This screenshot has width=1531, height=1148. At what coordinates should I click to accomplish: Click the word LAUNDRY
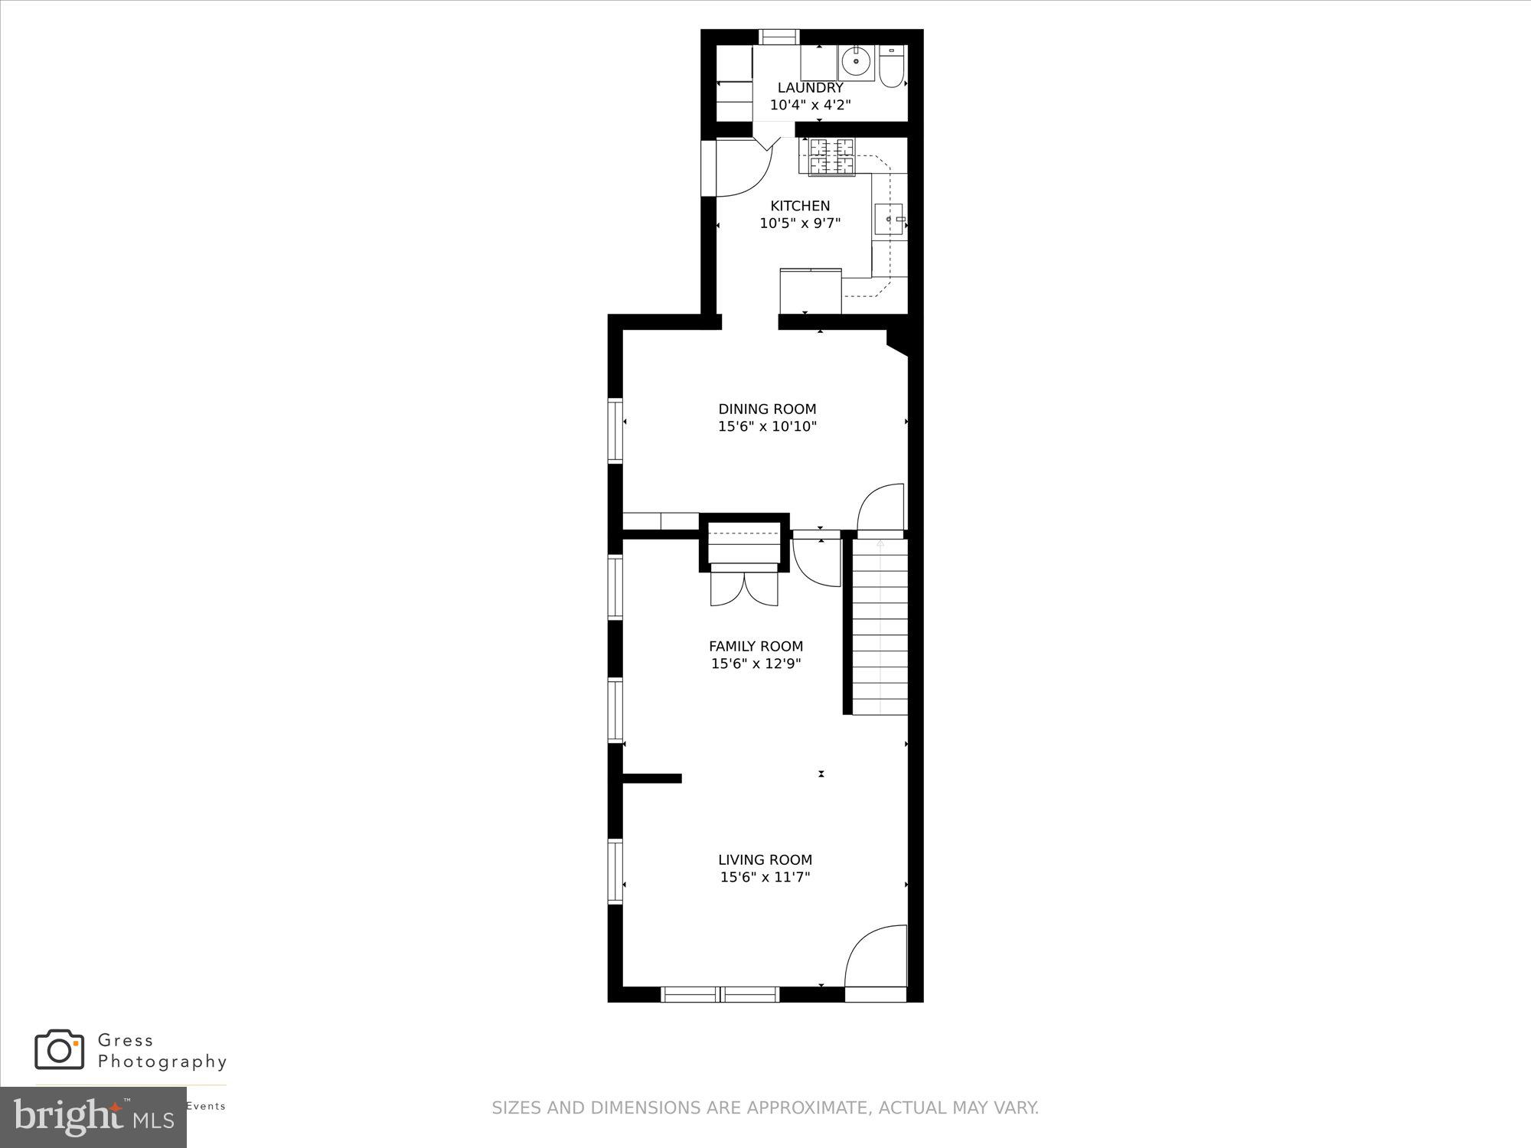[810, 88]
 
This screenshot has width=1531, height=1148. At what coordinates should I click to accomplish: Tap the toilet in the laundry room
[892, 68]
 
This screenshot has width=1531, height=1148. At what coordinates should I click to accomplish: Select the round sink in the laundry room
[856, 61]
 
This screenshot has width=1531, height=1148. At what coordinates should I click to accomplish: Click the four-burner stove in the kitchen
[831, 157]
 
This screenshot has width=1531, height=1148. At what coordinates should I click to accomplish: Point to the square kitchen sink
[889, 219]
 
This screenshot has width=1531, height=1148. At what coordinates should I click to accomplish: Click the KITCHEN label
[800, 206]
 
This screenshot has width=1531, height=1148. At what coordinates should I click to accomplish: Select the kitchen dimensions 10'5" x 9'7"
[800, 223]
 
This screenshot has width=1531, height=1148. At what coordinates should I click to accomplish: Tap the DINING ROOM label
[767, 409]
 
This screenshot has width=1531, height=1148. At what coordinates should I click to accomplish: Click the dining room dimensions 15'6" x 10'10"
[767, 427]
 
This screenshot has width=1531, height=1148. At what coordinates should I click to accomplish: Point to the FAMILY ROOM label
[756, 646]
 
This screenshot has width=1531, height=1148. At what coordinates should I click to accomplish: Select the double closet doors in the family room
[743, 589]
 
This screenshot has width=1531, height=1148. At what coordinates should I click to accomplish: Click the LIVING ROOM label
[765, 860]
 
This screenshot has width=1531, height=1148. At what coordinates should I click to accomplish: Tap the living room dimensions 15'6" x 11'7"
[765, 878]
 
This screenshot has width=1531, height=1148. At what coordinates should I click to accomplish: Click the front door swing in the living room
[875, 957]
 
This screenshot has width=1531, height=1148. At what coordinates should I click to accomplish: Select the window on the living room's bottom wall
[720, 994]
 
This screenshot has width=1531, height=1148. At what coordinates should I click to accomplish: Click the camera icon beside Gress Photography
[59, 1049]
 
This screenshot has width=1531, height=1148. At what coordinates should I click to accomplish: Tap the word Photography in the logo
[162, 1062]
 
